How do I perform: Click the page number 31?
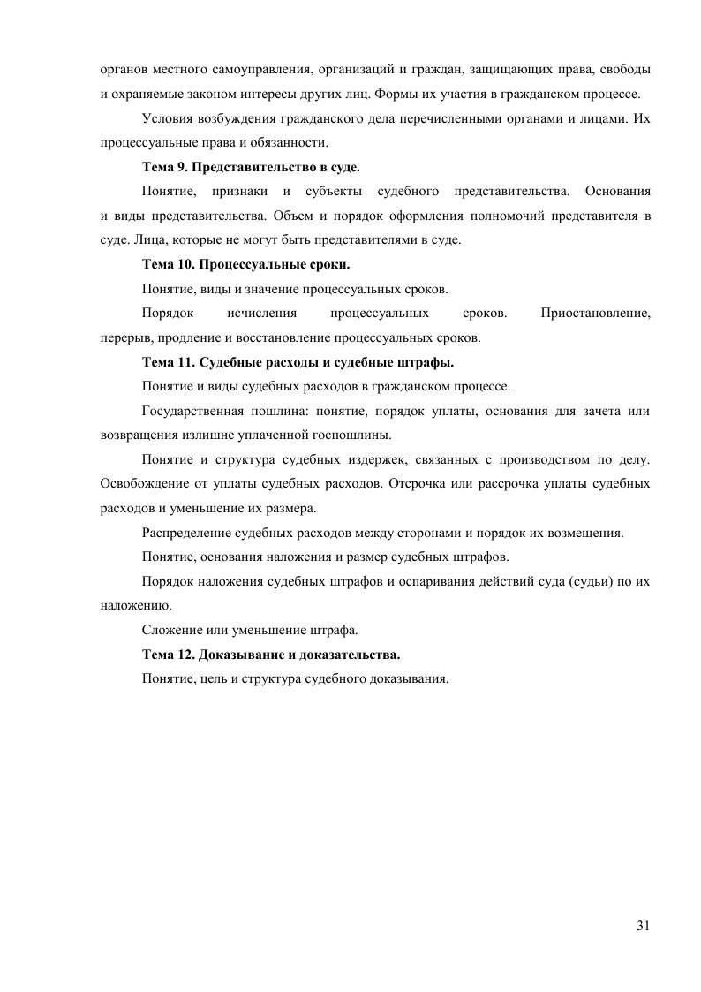643,925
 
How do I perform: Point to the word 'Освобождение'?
143,484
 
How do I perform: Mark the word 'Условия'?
166,117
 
